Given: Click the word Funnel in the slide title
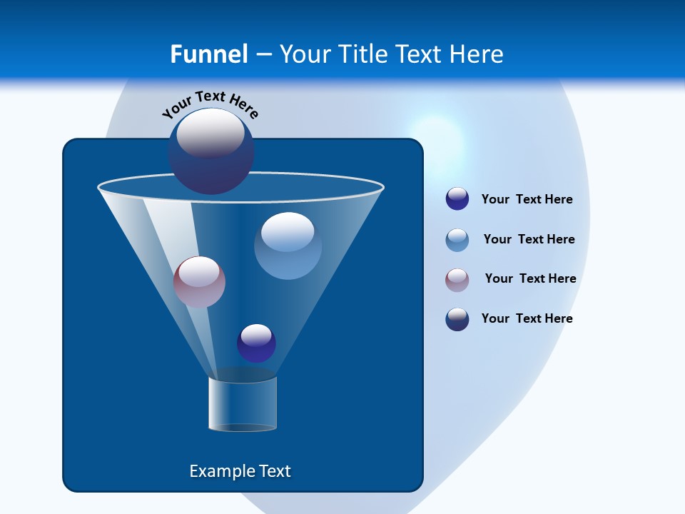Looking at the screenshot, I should [x=209, y=54].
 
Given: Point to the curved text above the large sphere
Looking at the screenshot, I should [x=210, y=104].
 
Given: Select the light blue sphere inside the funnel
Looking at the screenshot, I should [x=288, y=246].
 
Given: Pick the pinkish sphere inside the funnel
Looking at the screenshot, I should [x=199, y=282].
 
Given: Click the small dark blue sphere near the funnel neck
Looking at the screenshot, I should [x=256, y=343].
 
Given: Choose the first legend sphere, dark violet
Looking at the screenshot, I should [x=457, y=199].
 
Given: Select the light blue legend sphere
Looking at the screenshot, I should [x=457, y=240].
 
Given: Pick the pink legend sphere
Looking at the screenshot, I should [x=457, y=280].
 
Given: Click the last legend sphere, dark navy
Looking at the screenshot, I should [x=457, y=319].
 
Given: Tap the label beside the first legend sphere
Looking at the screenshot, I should [x=527, y=199].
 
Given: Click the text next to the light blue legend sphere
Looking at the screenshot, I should [x=529, y=239].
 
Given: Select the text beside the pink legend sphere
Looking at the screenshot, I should [x=530, y=278].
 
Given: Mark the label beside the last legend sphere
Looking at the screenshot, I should [x=527, y=318].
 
